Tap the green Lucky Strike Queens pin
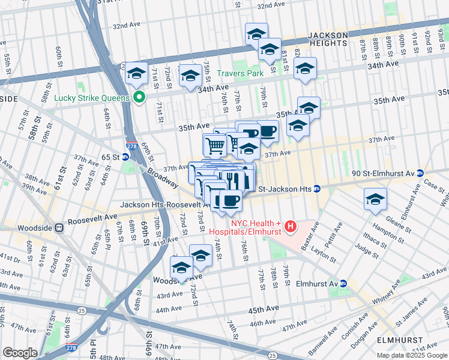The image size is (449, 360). pyautogui.click(x=139, y=98)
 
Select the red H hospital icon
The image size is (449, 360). pyautogui.click(x=291, y=226)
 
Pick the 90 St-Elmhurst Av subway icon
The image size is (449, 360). pyautogui.click(x=421, y=173)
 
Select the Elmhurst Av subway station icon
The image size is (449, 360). pyautogui.click(x=343, y=283)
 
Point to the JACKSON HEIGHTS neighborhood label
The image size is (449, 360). pyautogui.click(x=328, y=39)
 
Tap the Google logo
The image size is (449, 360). pyautogui.click(x=20, y=353)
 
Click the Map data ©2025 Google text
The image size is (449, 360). pyautogui.click(x=412, y=355)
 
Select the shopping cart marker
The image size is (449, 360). pyautogui.click(x=215, y=145)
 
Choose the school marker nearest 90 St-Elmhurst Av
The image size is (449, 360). pyautogui.click(x=375, y=199)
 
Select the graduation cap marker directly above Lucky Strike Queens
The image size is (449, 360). pyautogui.click(x=136, y=74)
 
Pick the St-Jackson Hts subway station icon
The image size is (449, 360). pyautogui.click(x=316, y=189)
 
